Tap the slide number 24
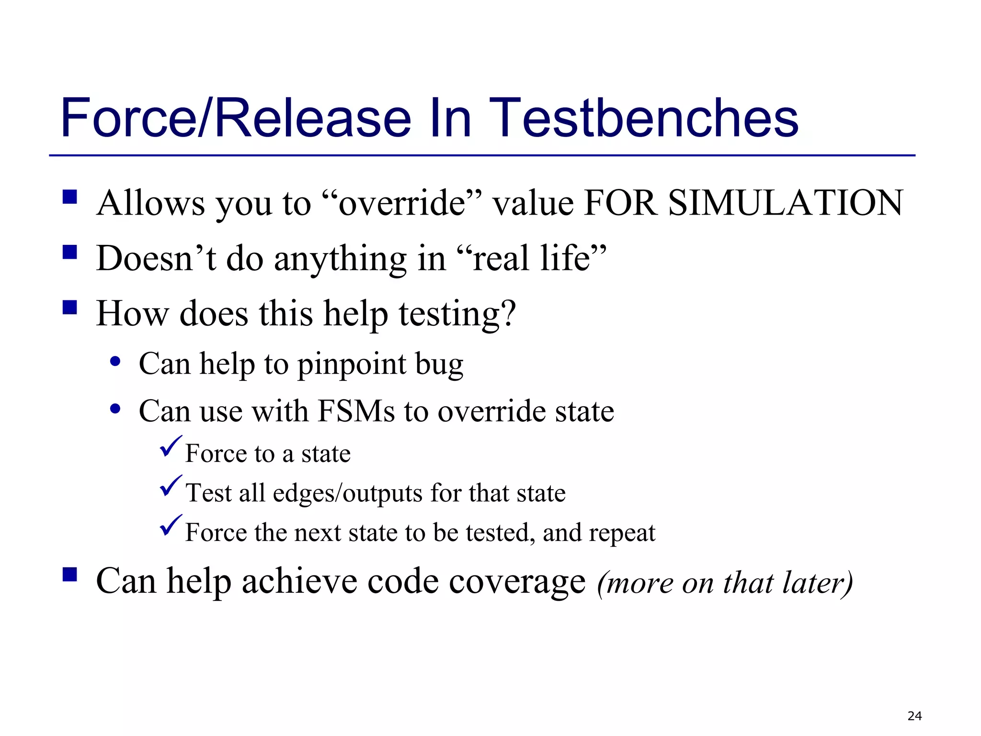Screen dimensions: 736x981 pyautogui.click(x=914, y=716)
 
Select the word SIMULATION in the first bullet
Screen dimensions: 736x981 pyautogui.click(x=785, y=203)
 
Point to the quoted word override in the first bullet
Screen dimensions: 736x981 pyautogui.click(x=402, y=203)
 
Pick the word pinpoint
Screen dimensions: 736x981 pyautogui.click(x=352, y=364)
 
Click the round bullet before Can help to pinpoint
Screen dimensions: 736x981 pyautogui.click(x=115, y=362)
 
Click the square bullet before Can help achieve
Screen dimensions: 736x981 pyautogui.click(x=70, y=574)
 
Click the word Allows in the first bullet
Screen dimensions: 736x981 pyautogui.click(x=150, y=203)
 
